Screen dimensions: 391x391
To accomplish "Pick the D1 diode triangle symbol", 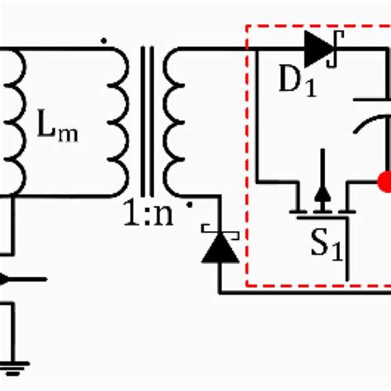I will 318,49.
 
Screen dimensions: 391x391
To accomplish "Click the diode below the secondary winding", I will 220,246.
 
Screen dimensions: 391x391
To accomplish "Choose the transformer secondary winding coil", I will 175,122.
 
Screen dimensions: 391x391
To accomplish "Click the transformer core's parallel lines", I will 148,121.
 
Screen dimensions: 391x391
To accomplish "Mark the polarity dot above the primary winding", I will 102,38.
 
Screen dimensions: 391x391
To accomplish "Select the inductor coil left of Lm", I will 12,122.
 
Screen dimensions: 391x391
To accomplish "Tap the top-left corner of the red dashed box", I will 247,25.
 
